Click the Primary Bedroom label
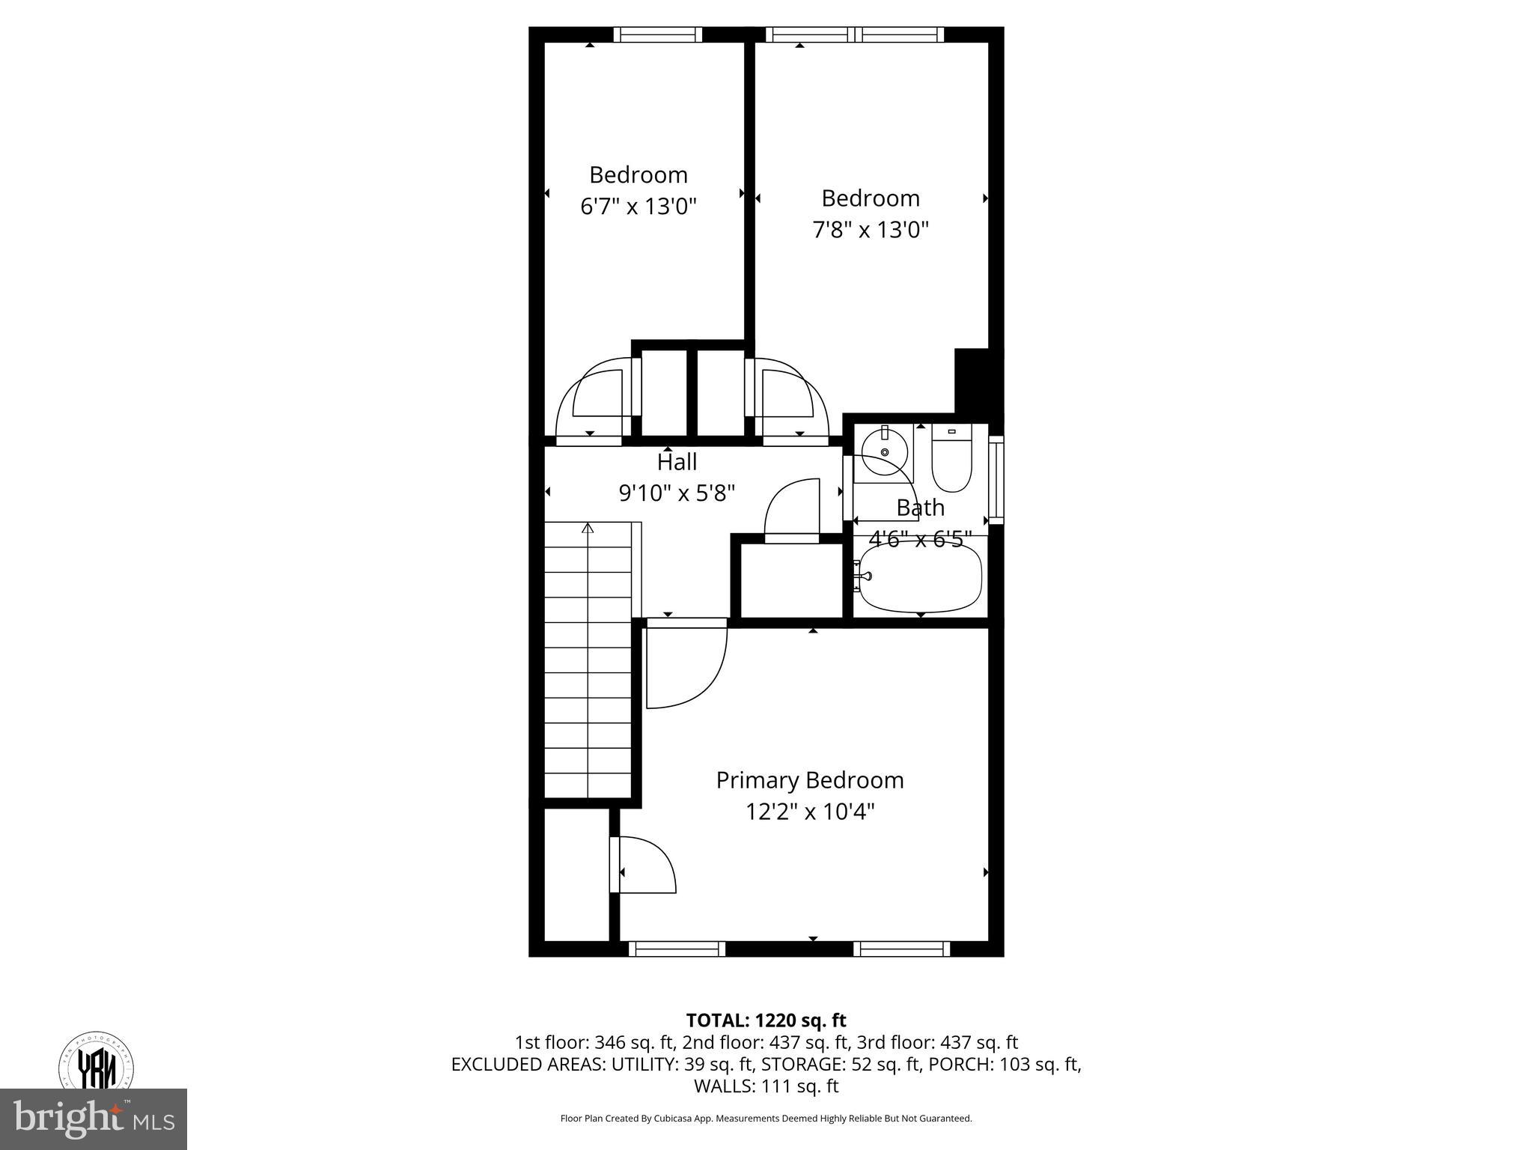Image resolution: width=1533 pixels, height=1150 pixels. pos(809,780)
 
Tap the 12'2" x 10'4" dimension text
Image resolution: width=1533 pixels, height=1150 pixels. pos(809,812)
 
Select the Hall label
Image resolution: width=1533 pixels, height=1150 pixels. pos(677,461)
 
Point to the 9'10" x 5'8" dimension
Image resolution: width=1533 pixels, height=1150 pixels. pos(677,493)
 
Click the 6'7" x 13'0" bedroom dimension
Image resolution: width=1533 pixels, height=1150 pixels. pos(639,207)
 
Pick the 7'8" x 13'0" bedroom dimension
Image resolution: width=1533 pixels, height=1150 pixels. pos(871,230)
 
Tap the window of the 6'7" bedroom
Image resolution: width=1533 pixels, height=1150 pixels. pos(658,34)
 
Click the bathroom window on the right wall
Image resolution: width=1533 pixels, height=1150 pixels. pos(996,479)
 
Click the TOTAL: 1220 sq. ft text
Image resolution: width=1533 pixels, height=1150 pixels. pos(766,1020)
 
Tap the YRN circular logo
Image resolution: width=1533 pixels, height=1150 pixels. pos(97,1064)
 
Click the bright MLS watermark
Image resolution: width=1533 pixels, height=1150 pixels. pos(94,1119)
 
